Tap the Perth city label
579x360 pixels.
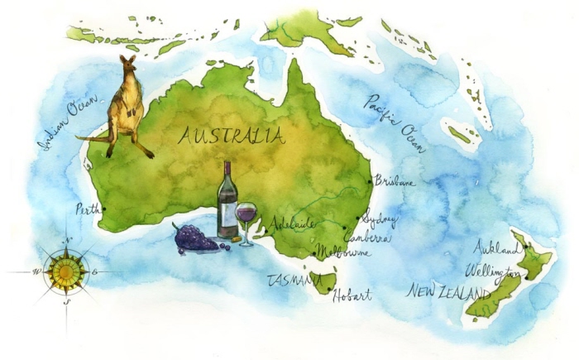[x=86, y=209]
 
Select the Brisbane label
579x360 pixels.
[x=395, y=180]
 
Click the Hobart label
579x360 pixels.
[x=352, y=295]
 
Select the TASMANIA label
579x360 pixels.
[x=294, y=281]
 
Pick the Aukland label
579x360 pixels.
[x=495, y=247]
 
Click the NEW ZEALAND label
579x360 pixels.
[x=447, y=291]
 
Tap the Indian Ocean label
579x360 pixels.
[x=69, y=124]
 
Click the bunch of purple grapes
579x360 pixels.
[x=195, y=238]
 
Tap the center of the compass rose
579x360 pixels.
[x=65, y=271]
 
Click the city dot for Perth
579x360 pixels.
[x=103, y=209]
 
